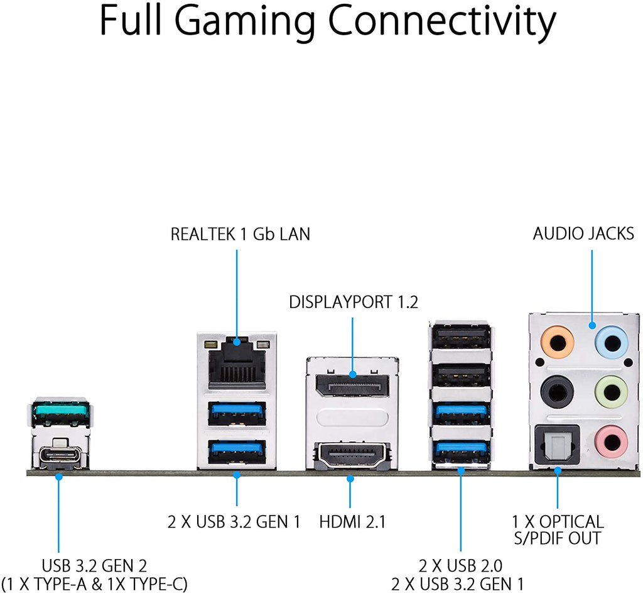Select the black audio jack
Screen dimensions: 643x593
pyautogui.click(x=557, y=392)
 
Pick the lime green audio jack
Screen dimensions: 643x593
pyautogui.click(x=611, y=392)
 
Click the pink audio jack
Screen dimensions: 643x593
pyautogui.click(x=611, y=442)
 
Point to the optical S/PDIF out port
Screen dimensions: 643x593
pyautogui.click(x=557, y=445)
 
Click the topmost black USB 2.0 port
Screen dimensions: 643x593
pyautogui.click(x=460, y=338)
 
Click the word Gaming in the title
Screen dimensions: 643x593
pyautogui.click(x=246, y=21)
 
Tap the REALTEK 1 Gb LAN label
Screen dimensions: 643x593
pyautogui.click(x=240, y=234)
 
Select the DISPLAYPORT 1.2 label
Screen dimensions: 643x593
pyautogui.click(x=354, y=302)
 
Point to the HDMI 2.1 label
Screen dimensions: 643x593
pyautogui.click(x=352, y=522)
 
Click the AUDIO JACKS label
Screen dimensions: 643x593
pyautogui.click(x=583, y=233)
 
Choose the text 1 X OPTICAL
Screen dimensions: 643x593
pyautogui.click(x=558, y=521)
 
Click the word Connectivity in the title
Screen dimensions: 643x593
pyautogui.click(x=441, y=21)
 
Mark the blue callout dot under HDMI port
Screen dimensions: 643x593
pyautogui.click(x=350, y=479)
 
